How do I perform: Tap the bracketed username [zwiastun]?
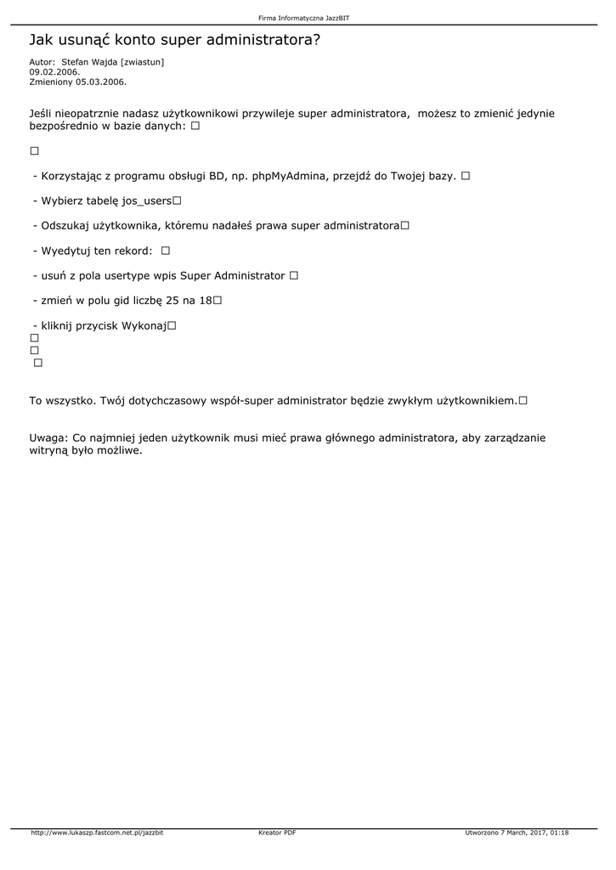coord(143,62)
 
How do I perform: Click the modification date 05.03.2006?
coord(100,82)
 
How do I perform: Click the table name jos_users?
coord(147,201)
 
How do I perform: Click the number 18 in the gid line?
coord(206,301)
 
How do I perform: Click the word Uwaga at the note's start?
coord(48,438)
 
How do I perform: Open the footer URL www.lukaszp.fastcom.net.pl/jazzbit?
coord(97,833)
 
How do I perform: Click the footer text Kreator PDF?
coord(277,833)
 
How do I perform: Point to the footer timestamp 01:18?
coord(559,833)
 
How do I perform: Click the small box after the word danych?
coord(195,127)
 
